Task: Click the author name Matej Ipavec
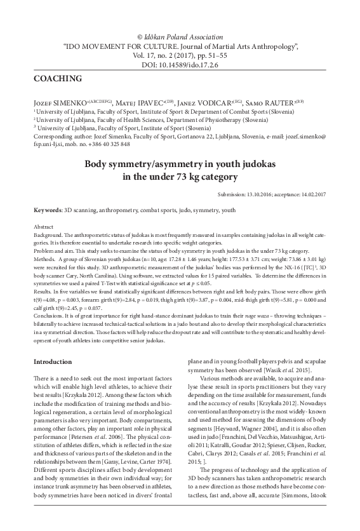137,102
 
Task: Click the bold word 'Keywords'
47,210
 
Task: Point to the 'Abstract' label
43,226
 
